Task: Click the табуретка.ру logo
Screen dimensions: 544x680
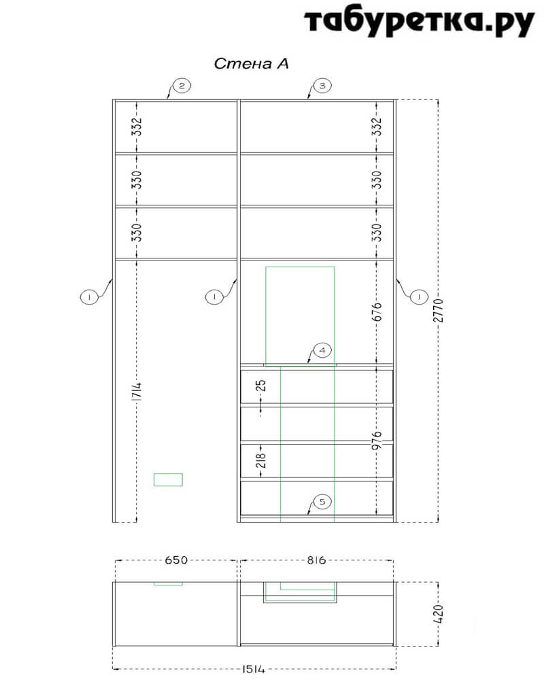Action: click(x=419, y=22)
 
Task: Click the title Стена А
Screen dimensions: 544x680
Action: click(x=251, y=64)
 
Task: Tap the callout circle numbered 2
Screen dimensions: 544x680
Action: click(x=182, y=86)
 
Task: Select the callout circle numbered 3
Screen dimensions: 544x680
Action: click(x=322, y=86)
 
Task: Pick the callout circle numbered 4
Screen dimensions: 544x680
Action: click(x=322, y=350)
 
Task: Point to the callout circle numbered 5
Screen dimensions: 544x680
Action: click(x=322, y=502)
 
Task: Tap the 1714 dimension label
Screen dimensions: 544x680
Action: click(x=137, y=392)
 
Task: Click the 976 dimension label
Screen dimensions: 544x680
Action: click(x=377, y=440)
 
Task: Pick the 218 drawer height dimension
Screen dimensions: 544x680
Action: click(x=260, y=460)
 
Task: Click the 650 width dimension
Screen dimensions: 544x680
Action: click(x=176, y=560)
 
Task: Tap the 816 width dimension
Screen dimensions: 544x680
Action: click(x=316, y=560)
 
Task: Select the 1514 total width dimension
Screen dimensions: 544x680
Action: click(x=254, y=669)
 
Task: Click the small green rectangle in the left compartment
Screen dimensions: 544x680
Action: click(x=168, y=479)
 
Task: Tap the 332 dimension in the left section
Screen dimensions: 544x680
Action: click(x=137, y=126)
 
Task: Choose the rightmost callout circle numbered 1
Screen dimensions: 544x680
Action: click(x=419, y=297)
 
